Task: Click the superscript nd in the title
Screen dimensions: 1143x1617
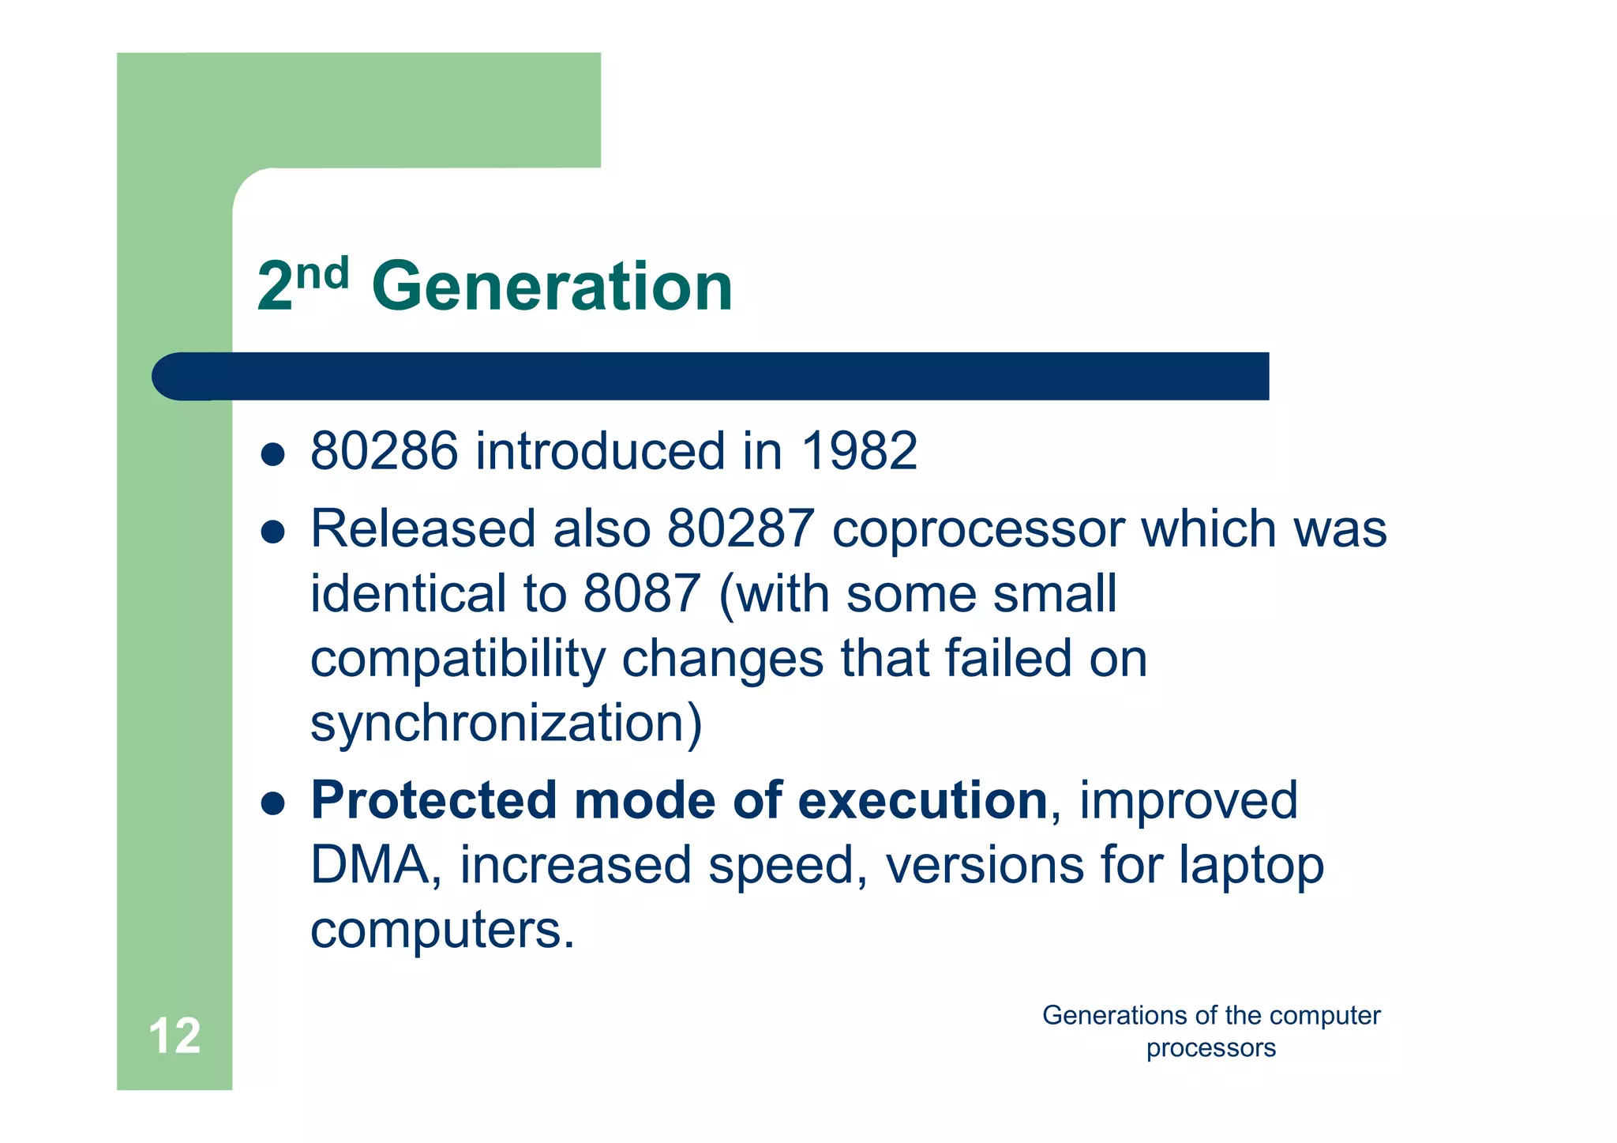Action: pyautogui.click(x=323, y=274)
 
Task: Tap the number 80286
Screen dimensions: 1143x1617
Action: pyautogui.click(x=384, y=451)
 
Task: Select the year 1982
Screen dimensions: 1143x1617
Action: pyautogui.click(x=859, y=451)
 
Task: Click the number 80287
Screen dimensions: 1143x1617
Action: pyautogui.click(x=741, y=528)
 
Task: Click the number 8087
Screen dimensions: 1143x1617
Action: pyautogui.click(x=642, y=594)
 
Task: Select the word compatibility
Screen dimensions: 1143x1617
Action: pyautogui.click(x=457, y=660)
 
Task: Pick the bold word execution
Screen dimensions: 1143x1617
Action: pyautogui.click(x=922, y=800)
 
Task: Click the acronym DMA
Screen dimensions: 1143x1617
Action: pyautogui.click(x=370, y=865)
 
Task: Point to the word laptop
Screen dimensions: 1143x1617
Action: pyautogui.click(x=1251, y=867)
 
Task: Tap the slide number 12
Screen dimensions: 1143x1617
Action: pyautogui.click(x=174, y=1036)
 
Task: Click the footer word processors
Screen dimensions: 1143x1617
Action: pyautogui.click(x=1210, y=1048)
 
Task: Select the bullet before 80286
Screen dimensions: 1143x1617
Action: pyautogui.click(x=272, y=454)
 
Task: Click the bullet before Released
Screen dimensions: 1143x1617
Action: pyautogui.click(x=272, y=532)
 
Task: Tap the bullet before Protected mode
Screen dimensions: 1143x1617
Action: pyautogui.click(x=272, y=804)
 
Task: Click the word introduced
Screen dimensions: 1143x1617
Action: pyautogui.click(x=600, y=451)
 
